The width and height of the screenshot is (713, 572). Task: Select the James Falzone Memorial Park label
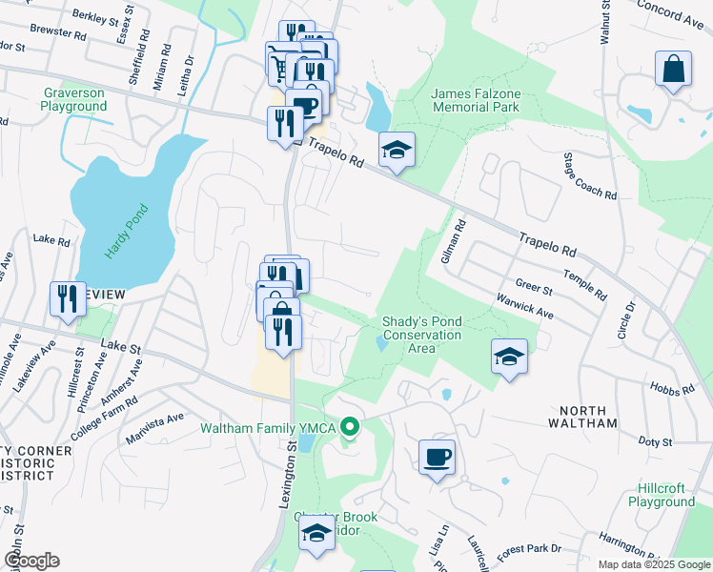pos(475,100)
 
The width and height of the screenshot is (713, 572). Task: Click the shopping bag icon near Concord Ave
pos(673,70)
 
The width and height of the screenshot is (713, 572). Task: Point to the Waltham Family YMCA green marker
pos(350,427)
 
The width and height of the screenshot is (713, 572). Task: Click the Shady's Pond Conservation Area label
pos(421,335)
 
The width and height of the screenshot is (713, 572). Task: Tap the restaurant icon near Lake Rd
pos(69,300)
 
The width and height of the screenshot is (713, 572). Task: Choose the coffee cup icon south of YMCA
pos(437,458)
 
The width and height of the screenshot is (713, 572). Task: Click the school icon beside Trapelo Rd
pos(397,150)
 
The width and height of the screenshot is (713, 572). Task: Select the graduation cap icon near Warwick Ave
pos(509,357)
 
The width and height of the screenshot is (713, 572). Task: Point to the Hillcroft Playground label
pos(662,495)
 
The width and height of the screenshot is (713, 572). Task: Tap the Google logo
pos(31,561)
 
